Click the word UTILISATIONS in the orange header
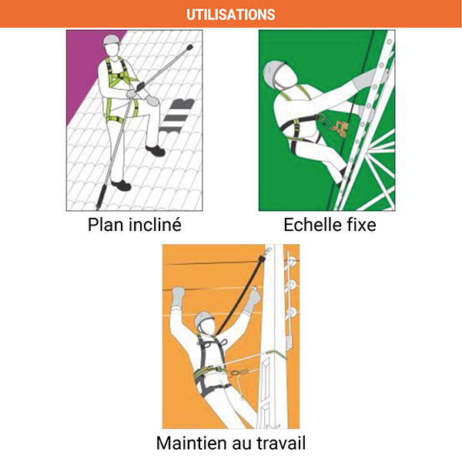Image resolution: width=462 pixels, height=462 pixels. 231,15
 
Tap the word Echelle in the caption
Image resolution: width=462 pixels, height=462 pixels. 312,225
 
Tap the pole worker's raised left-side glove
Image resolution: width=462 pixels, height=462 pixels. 179,294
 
